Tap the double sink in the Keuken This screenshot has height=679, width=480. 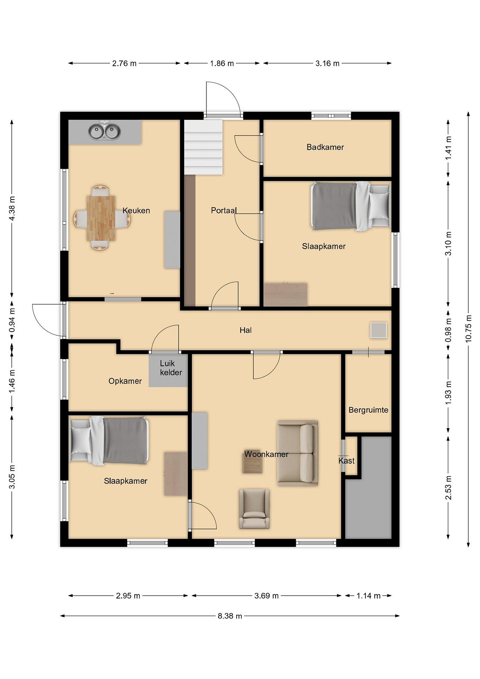pyautogui.click(x=104, y=132)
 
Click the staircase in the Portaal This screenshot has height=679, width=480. pyautogui.click(x=203, y=147)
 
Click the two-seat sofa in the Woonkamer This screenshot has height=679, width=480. pyautogui.click(x=298, y=453)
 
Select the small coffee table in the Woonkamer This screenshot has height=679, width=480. pyautogui.click(x=252, y=464)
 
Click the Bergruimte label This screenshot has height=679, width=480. pyautogui.click(x=368, y=410)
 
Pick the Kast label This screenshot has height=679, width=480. pyautogui.click(x=346, y=460)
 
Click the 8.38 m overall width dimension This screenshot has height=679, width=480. pyautogui.click(x=230, y=616)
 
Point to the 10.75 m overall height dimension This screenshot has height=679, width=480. pyautogui.click(x=468, y=329)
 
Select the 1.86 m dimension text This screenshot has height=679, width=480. pyautogui.click(x=222, y=63)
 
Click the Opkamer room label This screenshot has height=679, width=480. pyautogui.click(x=125, y=381)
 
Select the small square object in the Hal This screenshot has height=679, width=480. pyautogui.click(x=379, y=330)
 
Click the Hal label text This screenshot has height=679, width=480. pyautogui.click(x=246, y=330)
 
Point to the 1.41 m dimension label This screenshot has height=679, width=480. pyautogui.click(x=448, y=148)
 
